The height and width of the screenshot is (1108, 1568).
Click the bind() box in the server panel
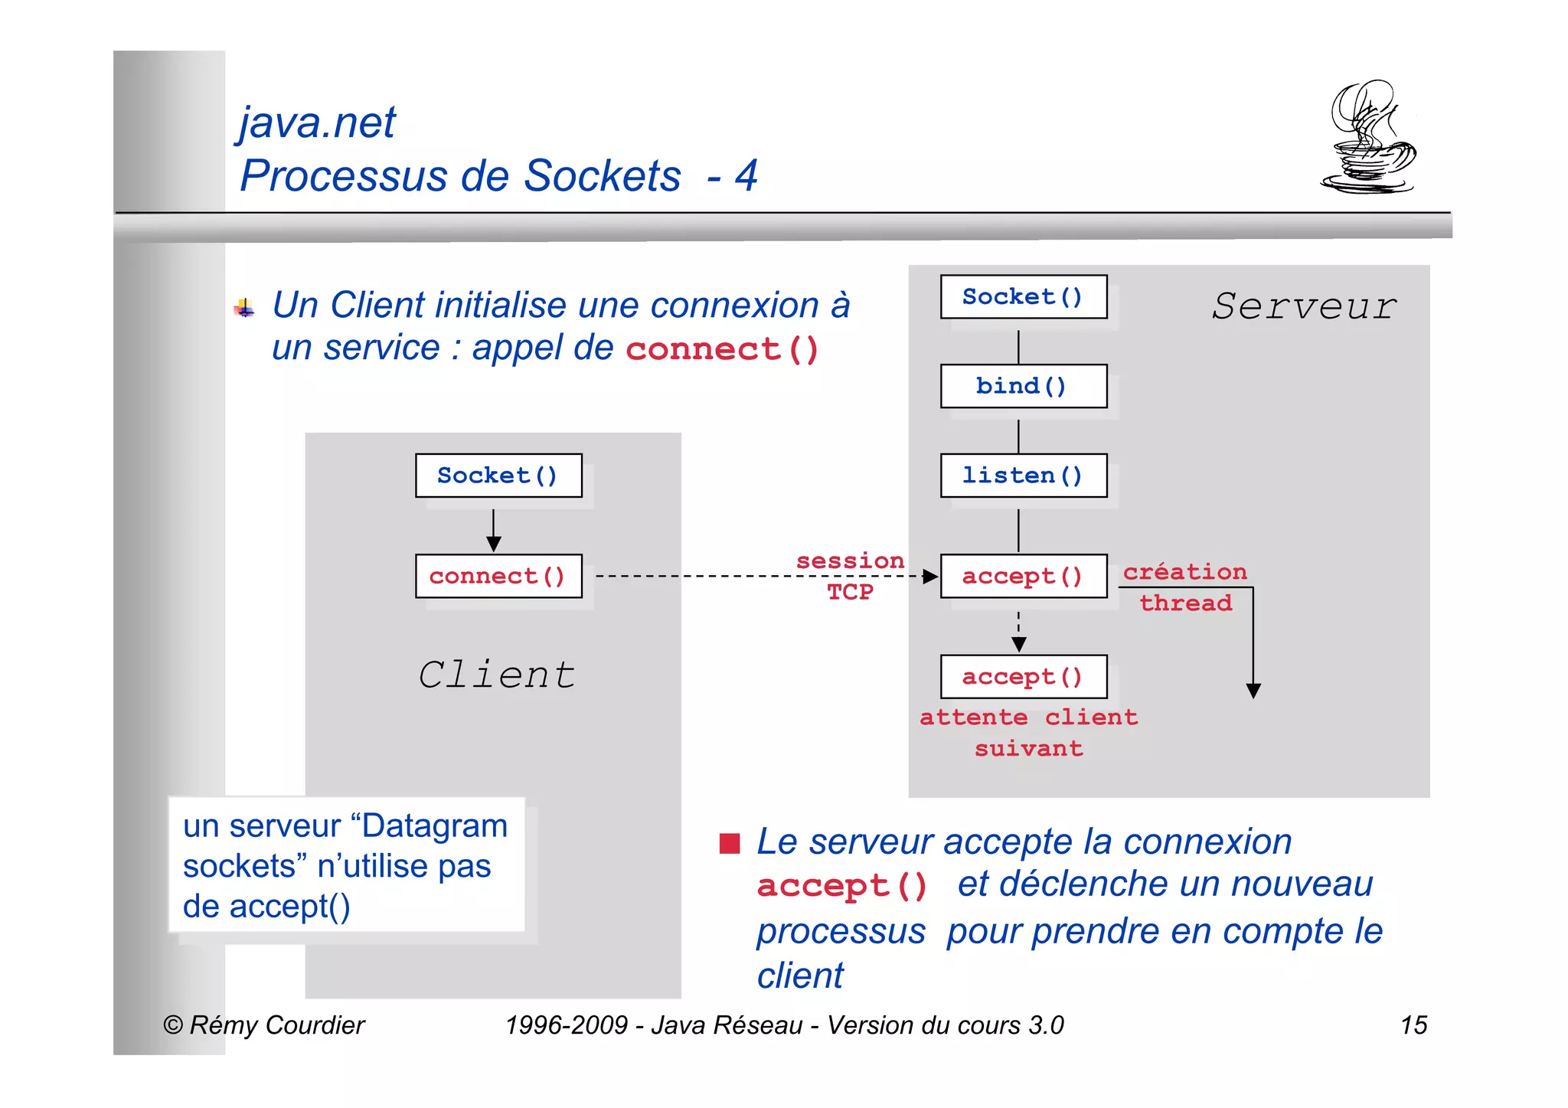(x=1023, y=386)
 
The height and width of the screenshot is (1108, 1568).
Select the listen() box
(x=1023, y=476)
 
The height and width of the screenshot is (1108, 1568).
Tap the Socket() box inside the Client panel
(x=498, y=476)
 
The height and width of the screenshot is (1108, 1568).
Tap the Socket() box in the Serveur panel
(x=1023, y=296)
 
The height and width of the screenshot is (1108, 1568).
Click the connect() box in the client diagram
(x=498, y=576)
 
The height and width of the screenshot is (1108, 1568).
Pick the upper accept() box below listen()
(x=1023, y=576)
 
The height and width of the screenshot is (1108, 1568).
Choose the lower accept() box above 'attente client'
(x=1023, y=677)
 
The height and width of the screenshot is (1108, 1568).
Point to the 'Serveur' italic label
(x=1304, y=306)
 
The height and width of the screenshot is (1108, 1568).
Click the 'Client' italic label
(x=497, y=675)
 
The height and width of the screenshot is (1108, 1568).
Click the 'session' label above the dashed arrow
(x=850, y=561)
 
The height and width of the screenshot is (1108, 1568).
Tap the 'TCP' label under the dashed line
(x=850, y=592)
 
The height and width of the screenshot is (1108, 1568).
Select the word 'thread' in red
(x=1186, y=603)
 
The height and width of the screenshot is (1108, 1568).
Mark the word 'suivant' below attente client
(x=1028, y=748)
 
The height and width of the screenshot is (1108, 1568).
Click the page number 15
(x=1413, y=1025)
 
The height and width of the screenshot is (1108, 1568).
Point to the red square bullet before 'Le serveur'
(x=730, y=843)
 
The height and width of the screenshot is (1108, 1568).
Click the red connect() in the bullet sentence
(x=722, y=350)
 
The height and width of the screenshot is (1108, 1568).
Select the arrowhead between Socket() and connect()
(x=494, y=544)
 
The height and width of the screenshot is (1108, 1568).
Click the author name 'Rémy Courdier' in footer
(x=276, y=1025)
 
